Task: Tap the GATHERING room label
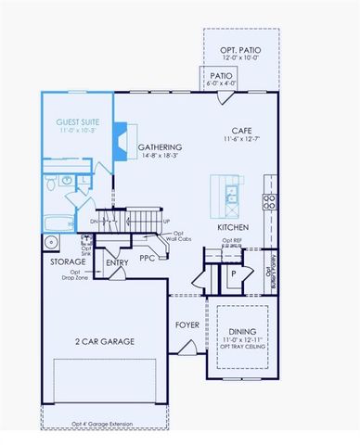160,147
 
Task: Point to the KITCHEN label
231,227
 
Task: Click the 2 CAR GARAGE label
105,341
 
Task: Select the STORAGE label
68,262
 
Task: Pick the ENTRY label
117,262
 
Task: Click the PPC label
147,258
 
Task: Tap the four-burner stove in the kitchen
270,203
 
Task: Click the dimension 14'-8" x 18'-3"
160,159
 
